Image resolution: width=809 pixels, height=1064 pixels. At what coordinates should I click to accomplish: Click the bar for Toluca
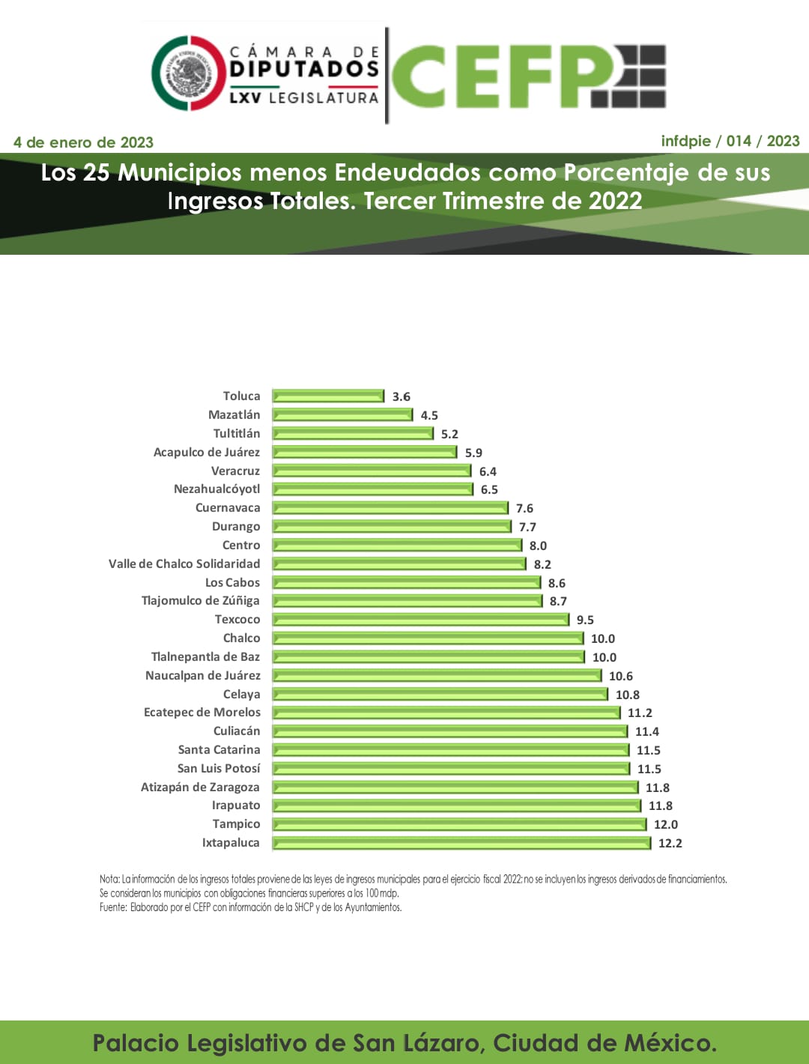click(328, 396)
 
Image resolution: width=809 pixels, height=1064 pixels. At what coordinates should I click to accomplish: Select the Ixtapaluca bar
click(461, 843)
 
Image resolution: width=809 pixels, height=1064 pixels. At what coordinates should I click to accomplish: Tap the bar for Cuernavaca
click(390, 508)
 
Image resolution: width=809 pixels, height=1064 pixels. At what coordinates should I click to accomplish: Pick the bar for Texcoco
click(421, 620)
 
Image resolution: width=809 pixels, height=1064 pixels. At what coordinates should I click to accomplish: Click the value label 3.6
click(402, 396)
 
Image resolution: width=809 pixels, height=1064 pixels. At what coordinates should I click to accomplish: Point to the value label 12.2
click(670, 843)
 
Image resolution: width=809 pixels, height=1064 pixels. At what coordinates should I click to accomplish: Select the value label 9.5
click(585, 620)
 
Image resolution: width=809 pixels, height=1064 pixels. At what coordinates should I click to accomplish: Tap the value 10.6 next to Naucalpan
click(621, 676)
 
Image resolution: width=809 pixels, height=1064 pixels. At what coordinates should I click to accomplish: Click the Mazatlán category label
click(234, 414)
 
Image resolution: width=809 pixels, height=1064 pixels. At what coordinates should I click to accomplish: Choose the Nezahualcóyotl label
click(217, 489)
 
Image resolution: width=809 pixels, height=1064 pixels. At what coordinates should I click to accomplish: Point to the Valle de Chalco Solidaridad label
click(184, 563)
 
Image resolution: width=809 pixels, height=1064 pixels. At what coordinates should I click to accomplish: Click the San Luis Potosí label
click(219, 768)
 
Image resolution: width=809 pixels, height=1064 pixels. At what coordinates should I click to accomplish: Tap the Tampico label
click(236, 824)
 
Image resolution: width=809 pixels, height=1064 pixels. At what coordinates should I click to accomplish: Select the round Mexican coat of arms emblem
click(188, 73)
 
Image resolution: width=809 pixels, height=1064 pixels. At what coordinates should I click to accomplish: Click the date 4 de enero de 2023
click(83, 142)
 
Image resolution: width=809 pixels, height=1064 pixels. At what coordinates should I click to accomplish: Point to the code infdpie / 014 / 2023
click(730, 141)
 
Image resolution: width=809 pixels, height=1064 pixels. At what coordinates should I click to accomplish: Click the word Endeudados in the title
click(407, 172)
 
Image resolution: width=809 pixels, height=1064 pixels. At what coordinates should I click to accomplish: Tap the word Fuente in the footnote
click(112, 907)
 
